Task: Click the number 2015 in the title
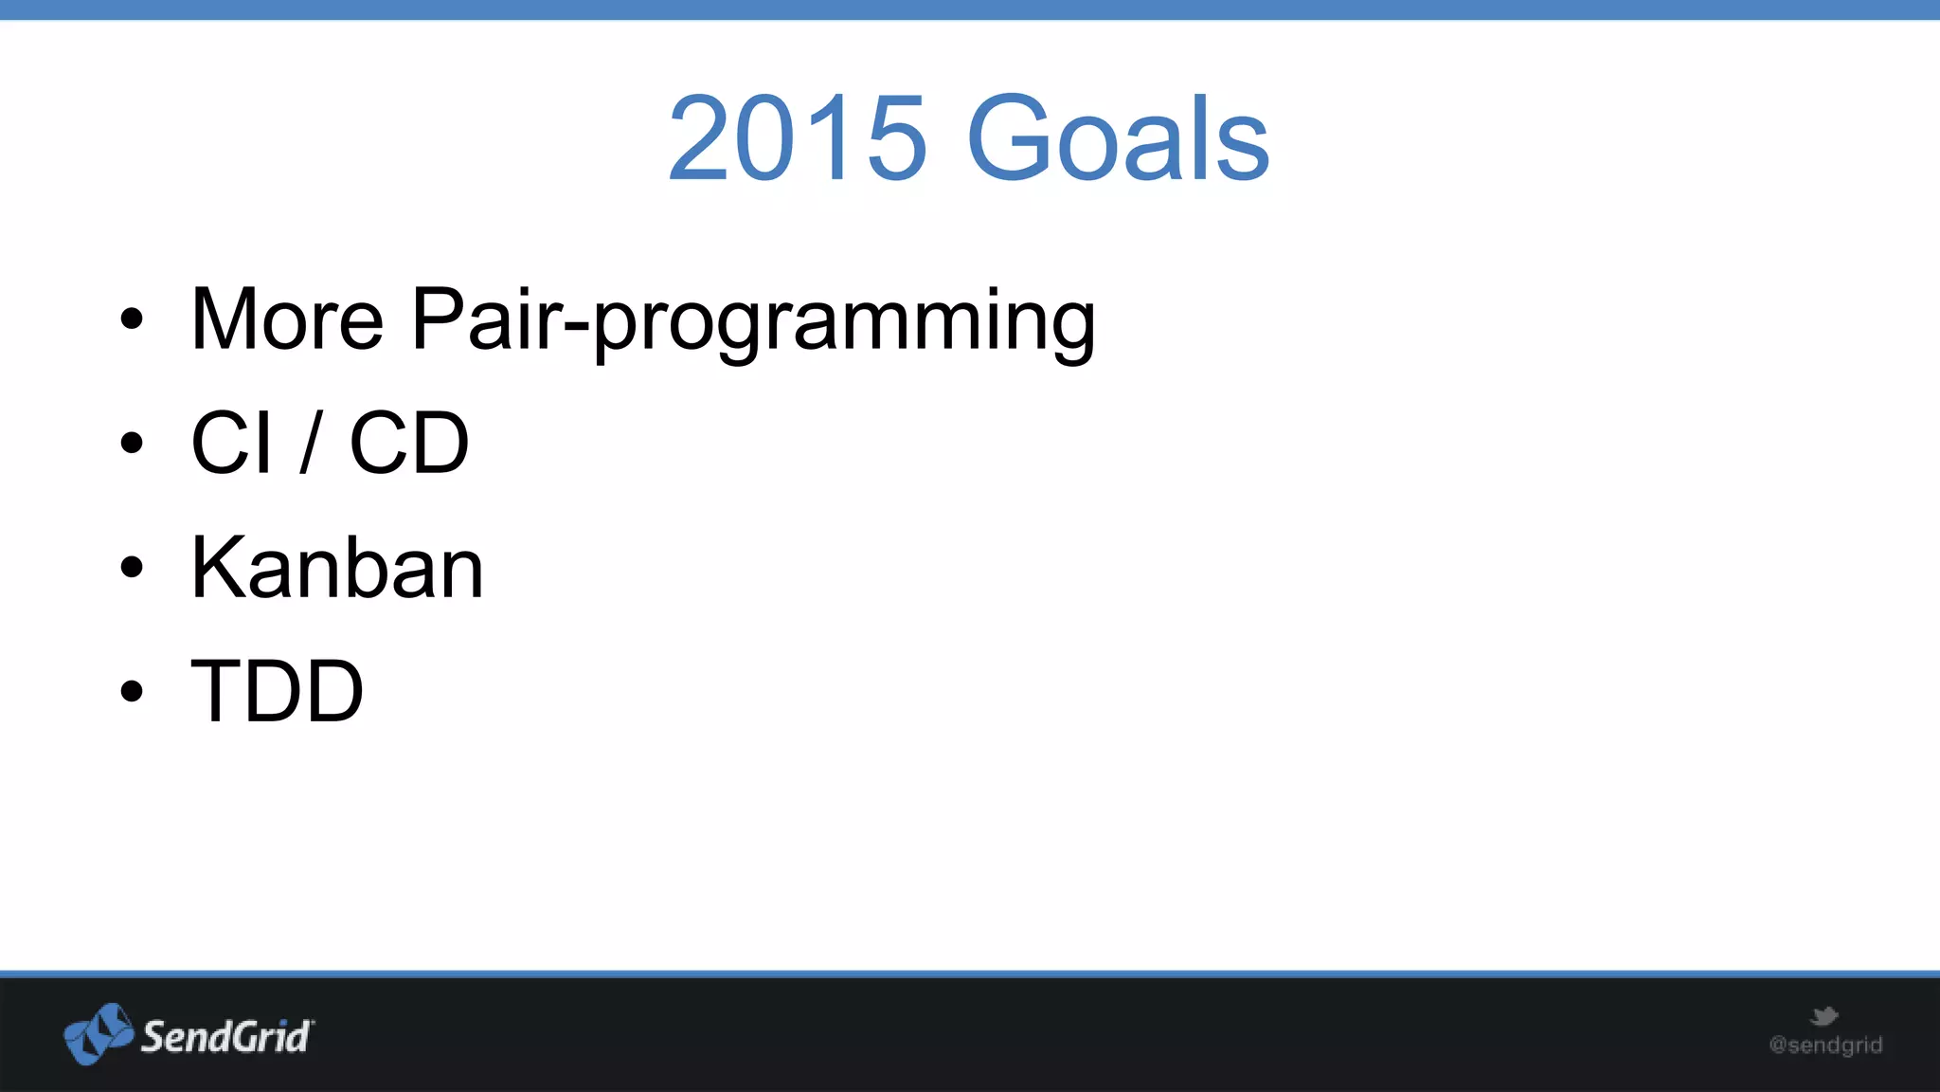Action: [796, 138]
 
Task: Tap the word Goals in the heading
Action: [1118, 138]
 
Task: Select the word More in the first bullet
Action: [287, 319]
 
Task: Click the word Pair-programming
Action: [753, 322]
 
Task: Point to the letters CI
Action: [232, 443]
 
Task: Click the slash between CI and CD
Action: [311, 443]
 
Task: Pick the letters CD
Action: [409, 443]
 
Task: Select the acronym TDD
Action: [278, 691]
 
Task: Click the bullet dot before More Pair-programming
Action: [132, 319]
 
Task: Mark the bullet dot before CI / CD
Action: [132, 443]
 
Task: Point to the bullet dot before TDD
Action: [132, 691]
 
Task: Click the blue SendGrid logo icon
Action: [98, 1034]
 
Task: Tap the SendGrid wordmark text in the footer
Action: [225, 1037]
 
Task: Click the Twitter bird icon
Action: [1823, 1017]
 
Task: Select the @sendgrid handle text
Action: [1825, 1046]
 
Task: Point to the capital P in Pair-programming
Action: [441, 319]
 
